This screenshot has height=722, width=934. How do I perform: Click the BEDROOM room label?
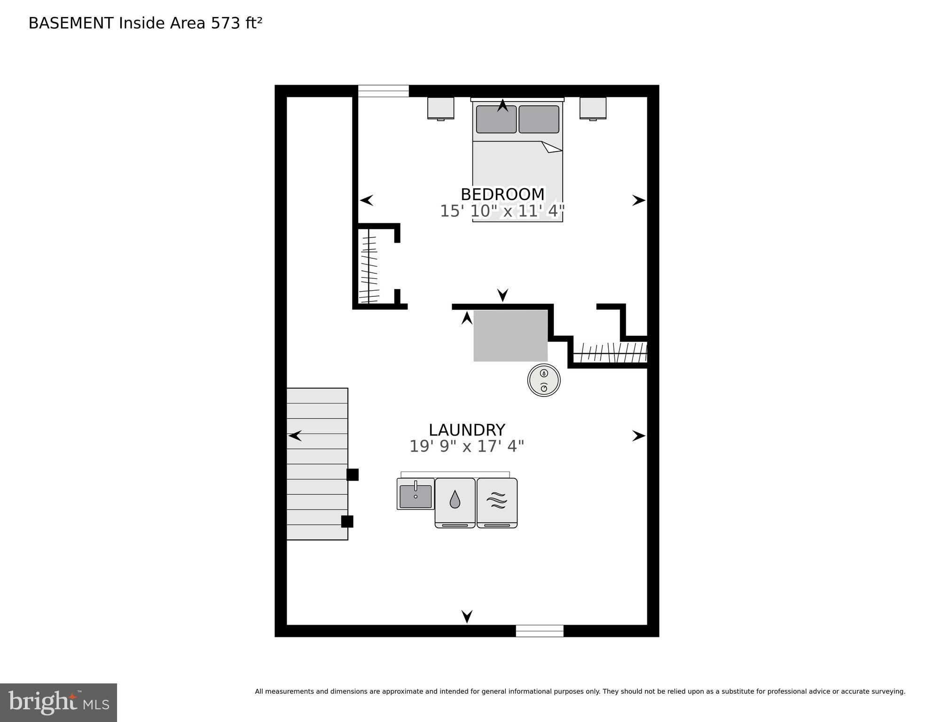502,194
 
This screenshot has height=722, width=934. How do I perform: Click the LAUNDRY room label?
466,430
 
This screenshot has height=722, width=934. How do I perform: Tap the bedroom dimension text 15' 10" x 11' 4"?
502,211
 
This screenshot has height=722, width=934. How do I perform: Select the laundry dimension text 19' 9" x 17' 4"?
466,446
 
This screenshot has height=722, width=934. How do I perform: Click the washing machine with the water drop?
455,502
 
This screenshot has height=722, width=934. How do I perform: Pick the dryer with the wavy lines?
497,502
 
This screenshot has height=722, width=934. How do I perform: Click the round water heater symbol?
544,380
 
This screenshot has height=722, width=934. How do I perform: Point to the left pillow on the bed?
496,119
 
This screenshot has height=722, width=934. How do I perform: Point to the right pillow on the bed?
539,119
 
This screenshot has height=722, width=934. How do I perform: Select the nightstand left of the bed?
440,108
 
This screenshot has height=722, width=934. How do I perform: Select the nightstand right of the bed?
593,108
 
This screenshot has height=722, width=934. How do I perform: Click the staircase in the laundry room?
317,463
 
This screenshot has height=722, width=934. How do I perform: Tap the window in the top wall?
383,91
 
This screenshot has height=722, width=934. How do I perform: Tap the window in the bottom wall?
539,630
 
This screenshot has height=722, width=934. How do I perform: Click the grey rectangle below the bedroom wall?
510,335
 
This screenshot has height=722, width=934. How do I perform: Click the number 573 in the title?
225,23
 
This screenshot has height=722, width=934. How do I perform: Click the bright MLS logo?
58,702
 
